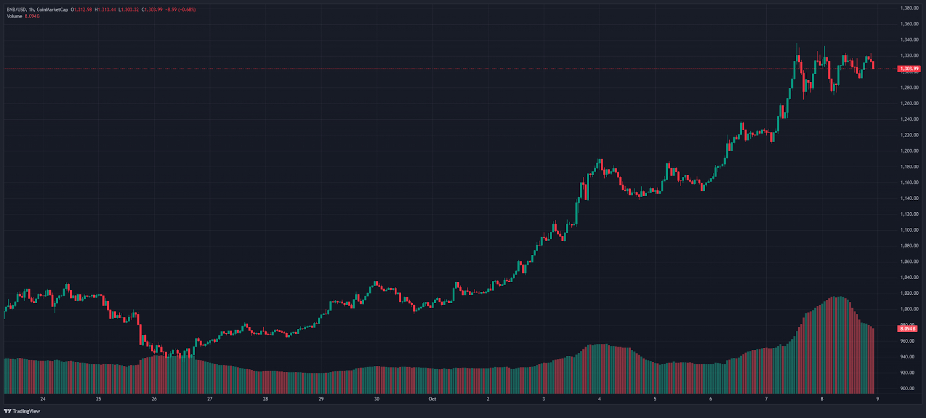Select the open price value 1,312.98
point(83,10)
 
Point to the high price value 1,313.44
point(106,10)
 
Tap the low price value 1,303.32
point(130,10)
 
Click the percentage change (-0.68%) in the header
point(188,10)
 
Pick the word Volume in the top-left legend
point(14,16)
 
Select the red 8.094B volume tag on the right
point(907,328)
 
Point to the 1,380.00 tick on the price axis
point(909,8)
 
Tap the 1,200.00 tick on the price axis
point(909,151)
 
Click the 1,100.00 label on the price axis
point(909,230)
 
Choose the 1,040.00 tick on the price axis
point(909,278)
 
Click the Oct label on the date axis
point(432,399)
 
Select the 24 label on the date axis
point(43,399)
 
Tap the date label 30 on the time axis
point(377,399)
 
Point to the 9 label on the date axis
point(877,399)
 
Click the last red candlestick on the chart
point(873,64)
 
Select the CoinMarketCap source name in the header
point(53,10)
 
